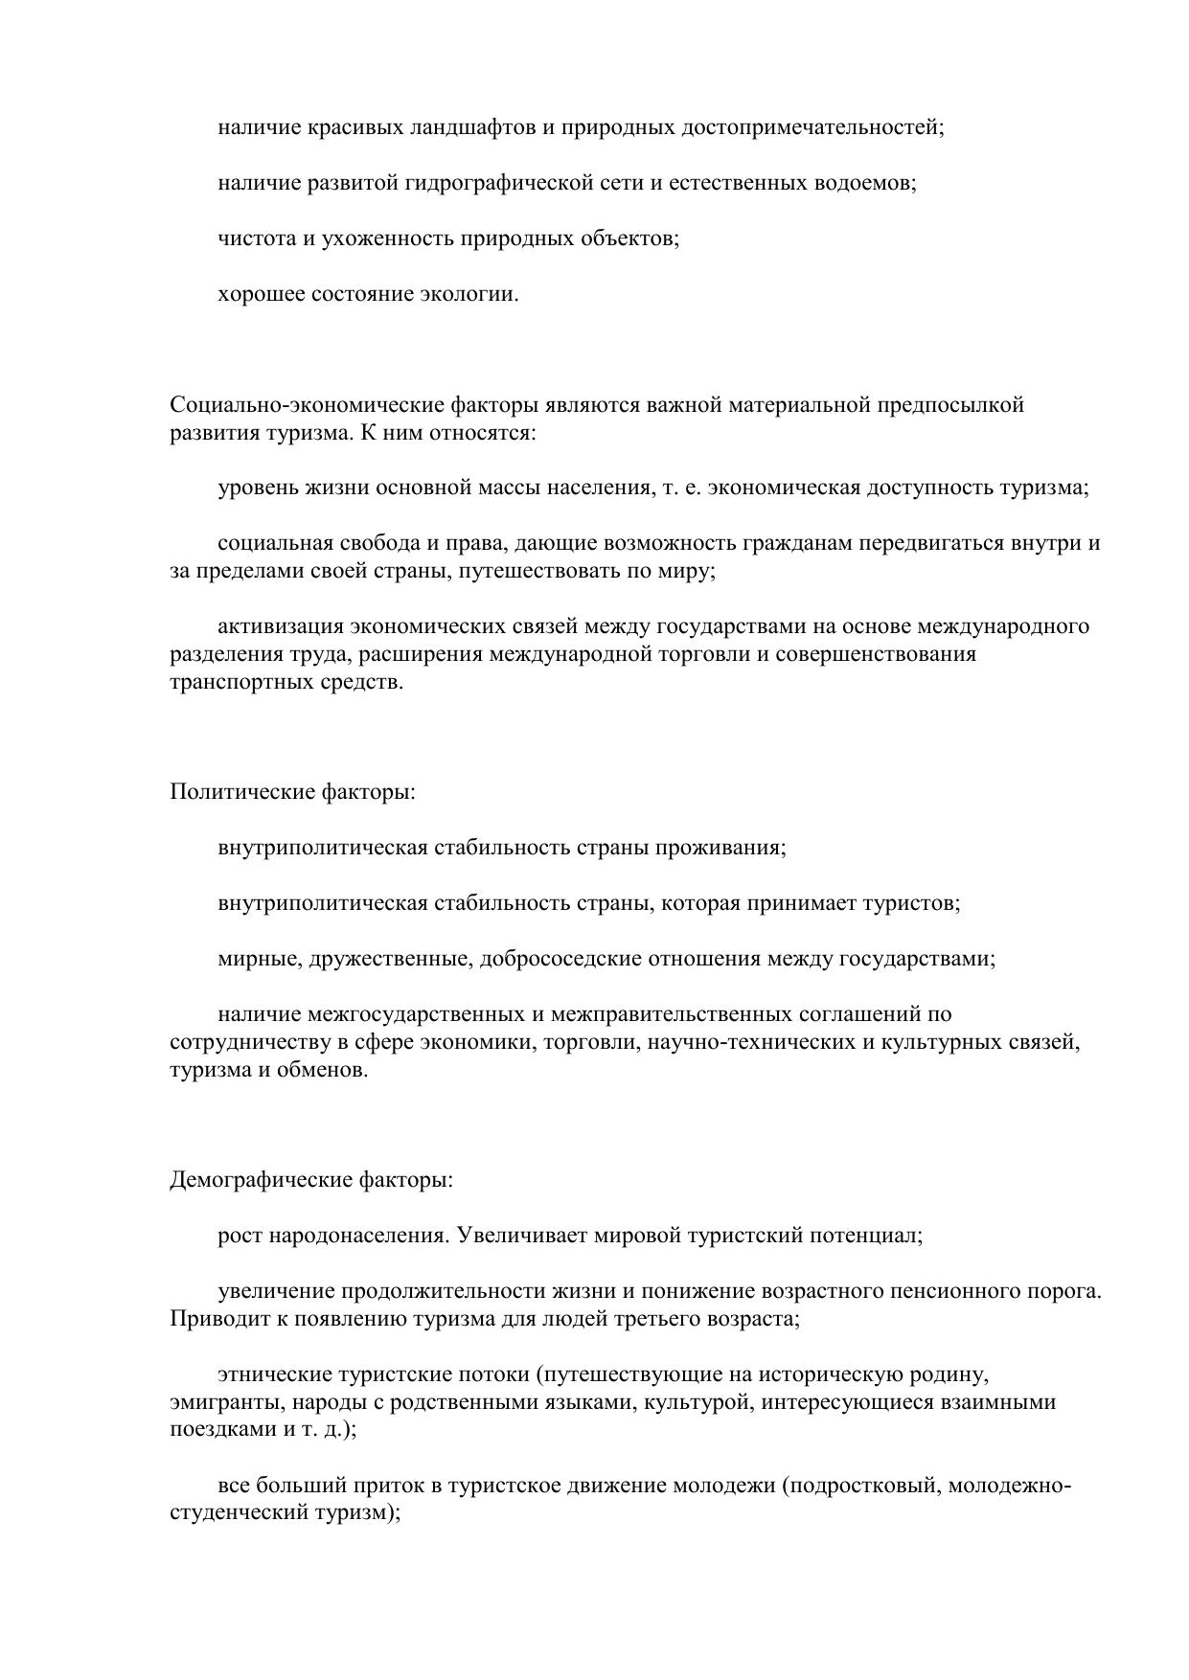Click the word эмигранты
click(x=213, y=1403)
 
